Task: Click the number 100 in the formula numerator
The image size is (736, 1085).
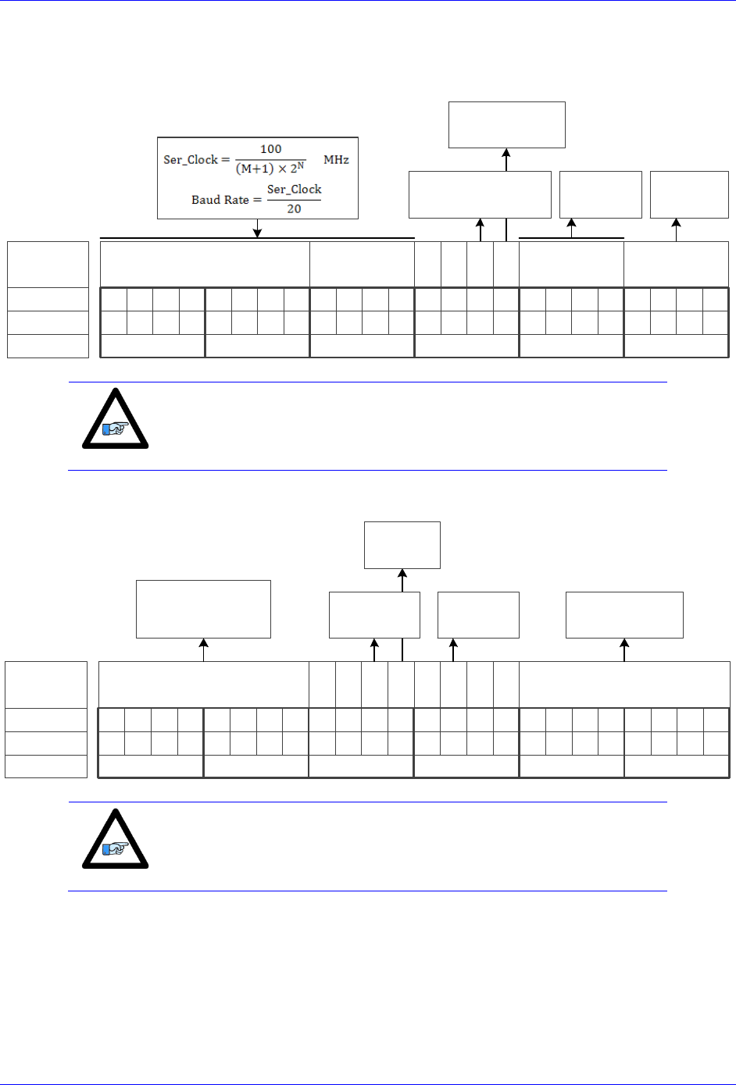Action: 270,149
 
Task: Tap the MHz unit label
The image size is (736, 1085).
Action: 336,160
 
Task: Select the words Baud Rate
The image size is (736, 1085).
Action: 220,200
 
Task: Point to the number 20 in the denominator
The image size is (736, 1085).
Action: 294,209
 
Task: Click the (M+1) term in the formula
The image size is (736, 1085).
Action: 255,169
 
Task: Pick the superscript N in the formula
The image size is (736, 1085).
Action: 300,165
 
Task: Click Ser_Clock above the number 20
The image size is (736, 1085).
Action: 294,190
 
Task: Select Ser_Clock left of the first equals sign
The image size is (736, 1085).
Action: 191,160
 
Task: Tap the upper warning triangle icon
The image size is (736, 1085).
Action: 116,420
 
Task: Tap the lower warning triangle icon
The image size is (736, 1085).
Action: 116,840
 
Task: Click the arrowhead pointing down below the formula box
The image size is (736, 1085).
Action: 257,232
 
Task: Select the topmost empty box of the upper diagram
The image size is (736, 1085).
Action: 506,125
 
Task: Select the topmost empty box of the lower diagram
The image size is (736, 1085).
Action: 402,545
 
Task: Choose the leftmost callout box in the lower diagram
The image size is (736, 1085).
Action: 203,609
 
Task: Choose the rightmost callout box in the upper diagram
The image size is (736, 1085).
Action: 689,194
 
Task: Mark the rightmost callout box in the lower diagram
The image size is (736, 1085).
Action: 624,615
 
